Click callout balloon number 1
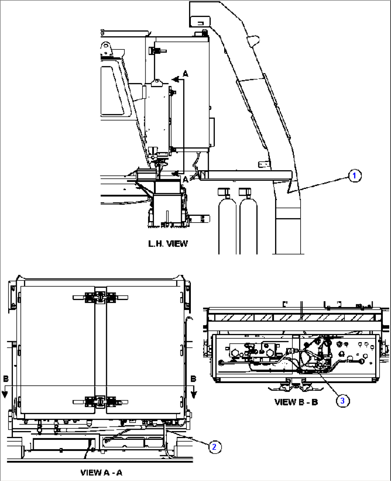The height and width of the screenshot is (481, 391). tap(354, 176)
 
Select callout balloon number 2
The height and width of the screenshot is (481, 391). tap(215, 447)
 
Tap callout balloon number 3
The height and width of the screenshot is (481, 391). tap(342, 400)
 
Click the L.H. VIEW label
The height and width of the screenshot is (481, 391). tap(168, 244)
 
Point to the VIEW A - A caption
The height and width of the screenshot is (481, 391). tap(101, 472)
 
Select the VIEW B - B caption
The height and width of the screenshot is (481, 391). tap(296, 402)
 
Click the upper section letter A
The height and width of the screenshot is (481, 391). tap(185, 74)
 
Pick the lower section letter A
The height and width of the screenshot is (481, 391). tap(185, 179)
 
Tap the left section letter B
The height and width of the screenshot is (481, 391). tap(6, 379)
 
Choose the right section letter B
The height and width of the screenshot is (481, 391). tap(193, 378)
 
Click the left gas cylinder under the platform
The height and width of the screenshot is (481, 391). tap(227, 222)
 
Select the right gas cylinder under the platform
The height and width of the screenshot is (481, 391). tap(248, 222)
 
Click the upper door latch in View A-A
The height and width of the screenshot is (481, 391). tap(100, 297)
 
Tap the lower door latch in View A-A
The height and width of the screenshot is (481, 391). tap(100, 402)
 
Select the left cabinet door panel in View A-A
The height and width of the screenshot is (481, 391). tap(57, 349)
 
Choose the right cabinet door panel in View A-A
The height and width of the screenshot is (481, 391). tap(143, 349)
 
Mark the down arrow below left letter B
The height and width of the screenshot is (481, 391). tap(5, 394)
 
